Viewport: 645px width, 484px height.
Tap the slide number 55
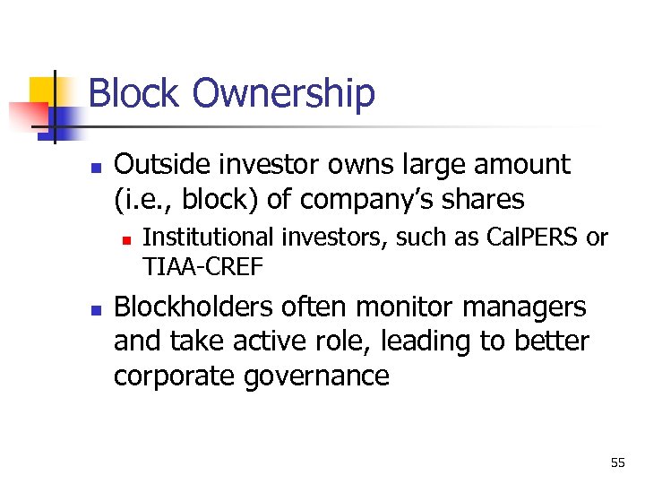tap(617, 462)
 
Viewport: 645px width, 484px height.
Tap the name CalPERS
tap(534, 238)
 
